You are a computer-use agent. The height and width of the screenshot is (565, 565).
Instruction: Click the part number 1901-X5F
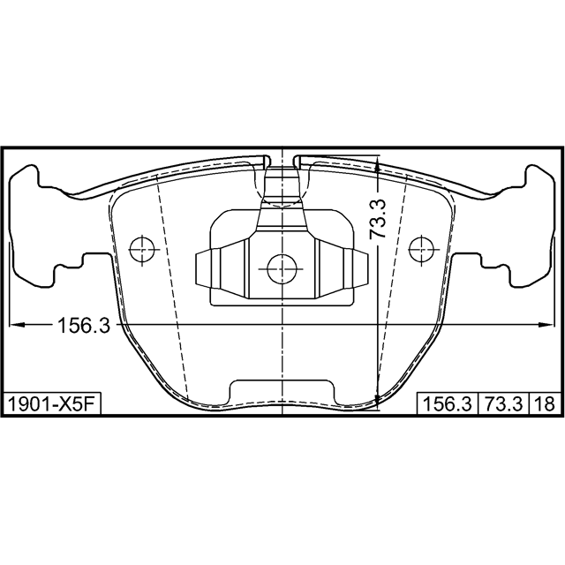point(51,403)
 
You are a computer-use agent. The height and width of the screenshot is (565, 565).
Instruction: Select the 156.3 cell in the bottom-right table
point(448,403)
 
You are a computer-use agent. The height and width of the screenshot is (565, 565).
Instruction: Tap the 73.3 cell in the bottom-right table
point(503,403)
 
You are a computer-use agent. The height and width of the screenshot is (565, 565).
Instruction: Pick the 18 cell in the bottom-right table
point(545,403)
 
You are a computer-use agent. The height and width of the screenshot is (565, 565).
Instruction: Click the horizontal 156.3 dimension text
point(84,325)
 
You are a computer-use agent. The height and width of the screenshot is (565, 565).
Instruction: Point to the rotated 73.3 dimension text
point(378,219)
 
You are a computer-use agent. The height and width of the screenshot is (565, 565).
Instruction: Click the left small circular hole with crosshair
point(142,250)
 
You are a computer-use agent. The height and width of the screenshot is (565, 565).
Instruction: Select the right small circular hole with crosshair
point(422,250)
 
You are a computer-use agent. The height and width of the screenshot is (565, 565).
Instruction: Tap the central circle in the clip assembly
point(282,268)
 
